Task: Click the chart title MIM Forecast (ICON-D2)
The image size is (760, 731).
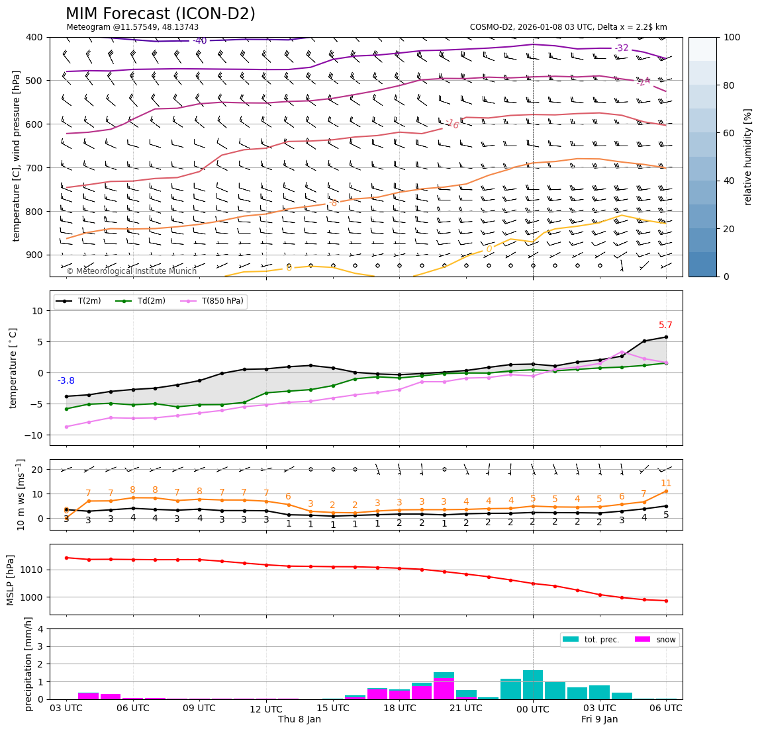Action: [x=160, y=14]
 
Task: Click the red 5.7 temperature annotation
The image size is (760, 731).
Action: [x=665, y=325]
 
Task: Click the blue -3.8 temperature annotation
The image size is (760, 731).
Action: [x=66, y=380]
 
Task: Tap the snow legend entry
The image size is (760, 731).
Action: [x=666, y=640]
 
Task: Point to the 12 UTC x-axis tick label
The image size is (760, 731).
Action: [x=265, y=709]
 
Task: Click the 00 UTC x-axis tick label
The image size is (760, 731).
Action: [x=533, y=709]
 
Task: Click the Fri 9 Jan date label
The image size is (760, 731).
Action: [x=599, y=719]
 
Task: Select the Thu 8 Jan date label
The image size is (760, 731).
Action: [x=299, y=719]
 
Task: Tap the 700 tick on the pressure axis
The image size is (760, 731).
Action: [x=34, y=168]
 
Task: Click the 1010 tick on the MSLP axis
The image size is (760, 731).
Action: [x=32, y=570]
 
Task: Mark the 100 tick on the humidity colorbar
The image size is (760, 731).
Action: [x=732, y=37]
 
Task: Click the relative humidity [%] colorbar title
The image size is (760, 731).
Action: [x=748, y=157]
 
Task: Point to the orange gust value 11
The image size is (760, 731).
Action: [x=666, y=484]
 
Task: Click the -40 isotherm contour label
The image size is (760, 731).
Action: [x=200, y=41]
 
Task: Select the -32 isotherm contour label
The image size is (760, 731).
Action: [x=622, y=48]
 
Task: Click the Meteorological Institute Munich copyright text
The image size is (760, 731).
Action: [x=132, y=271]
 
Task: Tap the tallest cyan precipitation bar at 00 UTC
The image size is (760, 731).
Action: [x=533, y=685]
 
